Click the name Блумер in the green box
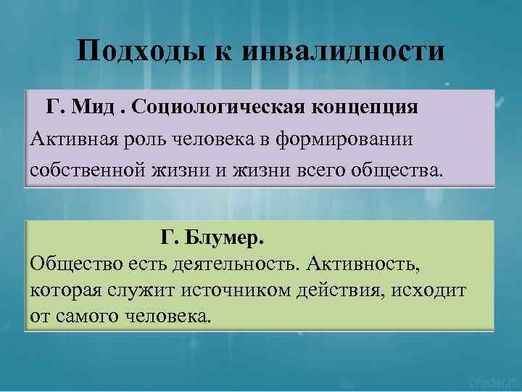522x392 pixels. pos(221,237)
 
